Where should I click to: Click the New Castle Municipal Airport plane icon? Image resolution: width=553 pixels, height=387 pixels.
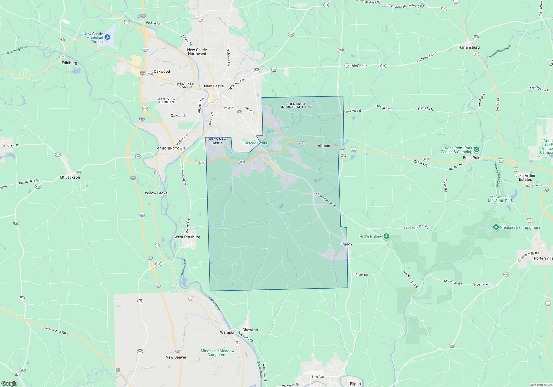point(107,37)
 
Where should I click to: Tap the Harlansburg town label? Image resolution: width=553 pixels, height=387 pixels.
point(469,47)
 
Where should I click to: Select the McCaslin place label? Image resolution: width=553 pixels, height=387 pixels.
point(359,66)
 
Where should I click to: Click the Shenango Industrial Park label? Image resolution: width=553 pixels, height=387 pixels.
point(296,105)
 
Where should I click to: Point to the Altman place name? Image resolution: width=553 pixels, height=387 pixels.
point(324,146)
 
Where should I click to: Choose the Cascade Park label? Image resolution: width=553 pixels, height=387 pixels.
point(255,143)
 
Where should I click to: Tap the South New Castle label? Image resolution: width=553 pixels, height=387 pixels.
point(217,141)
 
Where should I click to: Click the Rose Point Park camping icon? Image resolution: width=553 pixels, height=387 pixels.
point(476,150)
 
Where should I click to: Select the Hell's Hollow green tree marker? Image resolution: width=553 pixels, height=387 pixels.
point(386,236)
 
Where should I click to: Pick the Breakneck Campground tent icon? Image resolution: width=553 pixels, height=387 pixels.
point(496,227)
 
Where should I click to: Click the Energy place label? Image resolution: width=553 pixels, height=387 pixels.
point(346,244)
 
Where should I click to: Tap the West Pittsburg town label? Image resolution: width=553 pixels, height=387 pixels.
point(187,237)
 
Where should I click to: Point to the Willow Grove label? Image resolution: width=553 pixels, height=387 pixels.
point(156,193)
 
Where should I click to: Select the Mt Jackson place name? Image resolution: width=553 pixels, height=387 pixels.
point(70,177)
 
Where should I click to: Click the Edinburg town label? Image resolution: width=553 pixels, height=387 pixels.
point(69,63)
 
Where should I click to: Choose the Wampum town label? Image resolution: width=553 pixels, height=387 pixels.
point(228,332)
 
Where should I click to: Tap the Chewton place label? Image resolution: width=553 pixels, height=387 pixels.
point(250,330)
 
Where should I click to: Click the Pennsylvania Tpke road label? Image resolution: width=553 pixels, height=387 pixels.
point(56,330)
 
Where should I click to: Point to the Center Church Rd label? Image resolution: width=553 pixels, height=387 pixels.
point(326,199)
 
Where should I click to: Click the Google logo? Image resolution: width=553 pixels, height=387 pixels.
point(9,383)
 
